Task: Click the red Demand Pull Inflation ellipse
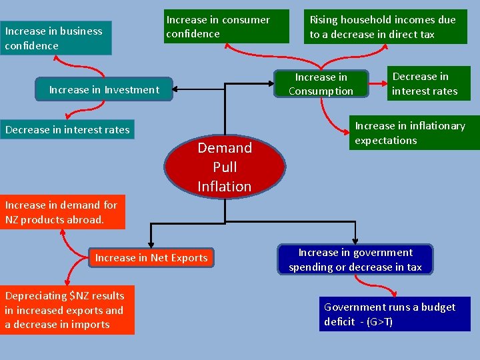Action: [225, 167]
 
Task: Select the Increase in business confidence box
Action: [56, 38]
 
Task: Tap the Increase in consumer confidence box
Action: [227, 27]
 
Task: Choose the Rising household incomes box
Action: [386, 27]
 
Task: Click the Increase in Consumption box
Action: [321, 85]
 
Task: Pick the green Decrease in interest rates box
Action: [429, 83]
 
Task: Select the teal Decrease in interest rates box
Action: [67, 129]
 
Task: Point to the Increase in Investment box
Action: [105, 89]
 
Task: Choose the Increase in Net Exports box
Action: [151, 257]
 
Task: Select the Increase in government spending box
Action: [355, 259]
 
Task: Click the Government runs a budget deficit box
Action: [395, 314]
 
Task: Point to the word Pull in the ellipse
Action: [225, 167]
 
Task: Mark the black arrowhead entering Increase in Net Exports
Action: [151, 245]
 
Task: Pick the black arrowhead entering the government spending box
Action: [355, 241]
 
